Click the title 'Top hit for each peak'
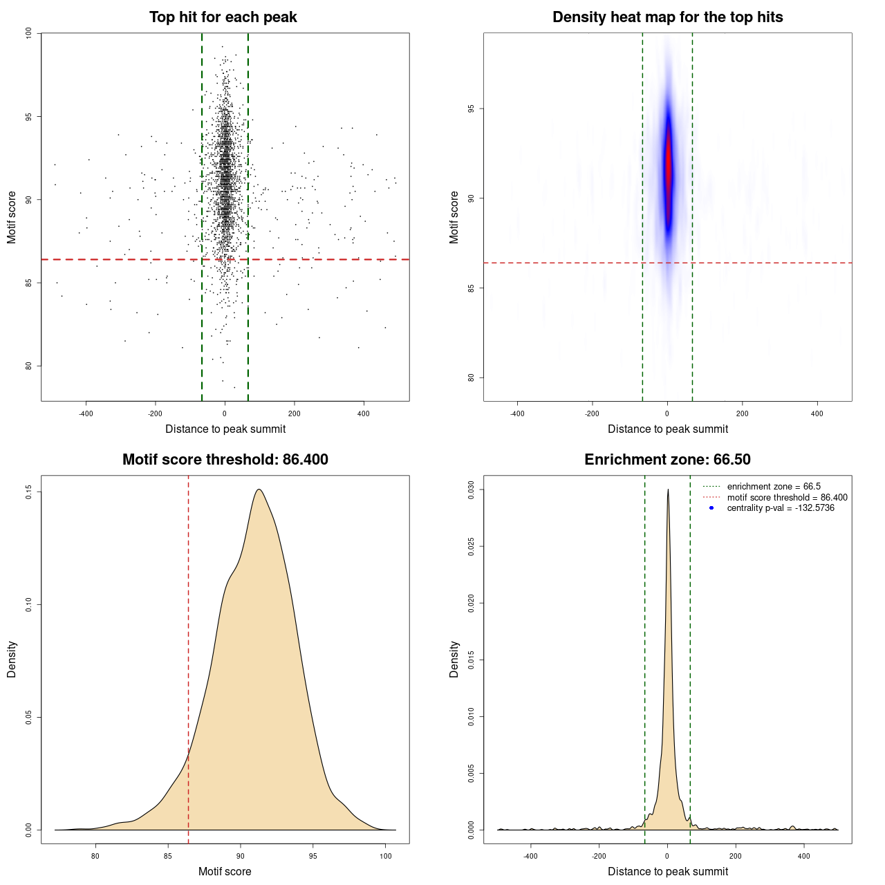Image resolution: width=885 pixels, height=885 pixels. click(223, 17)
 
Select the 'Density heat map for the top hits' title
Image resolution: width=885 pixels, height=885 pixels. click(667, 17)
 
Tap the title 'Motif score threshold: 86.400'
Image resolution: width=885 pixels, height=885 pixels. click(225, 460)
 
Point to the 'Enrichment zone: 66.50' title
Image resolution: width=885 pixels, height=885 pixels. click(667, 460)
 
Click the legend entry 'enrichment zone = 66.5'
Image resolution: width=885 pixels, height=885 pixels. click(774, 487)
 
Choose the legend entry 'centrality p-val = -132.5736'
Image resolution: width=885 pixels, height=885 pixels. click(781, 508)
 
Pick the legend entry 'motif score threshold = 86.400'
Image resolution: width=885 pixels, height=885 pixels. click(787, 498)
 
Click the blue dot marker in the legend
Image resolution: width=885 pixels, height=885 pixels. click(711, 508)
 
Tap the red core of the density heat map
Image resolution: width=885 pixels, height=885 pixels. click(668, 166)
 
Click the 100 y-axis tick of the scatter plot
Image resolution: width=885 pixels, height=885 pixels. click(29, 33)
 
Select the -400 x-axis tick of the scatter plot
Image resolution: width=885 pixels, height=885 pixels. click(86, 413)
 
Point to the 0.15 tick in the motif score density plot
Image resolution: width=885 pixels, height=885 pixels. click(29, 492)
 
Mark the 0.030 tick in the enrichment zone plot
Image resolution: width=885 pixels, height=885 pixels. click(472, 490)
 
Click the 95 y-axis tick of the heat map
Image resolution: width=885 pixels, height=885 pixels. click(472, 109)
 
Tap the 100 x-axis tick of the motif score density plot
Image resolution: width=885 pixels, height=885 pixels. click(386, 856)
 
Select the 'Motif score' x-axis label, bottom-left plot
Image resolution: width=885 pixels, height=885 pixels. click(225, 871)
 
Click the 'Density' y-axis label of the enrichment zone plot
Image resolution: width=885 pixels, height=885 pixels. click(454, 659)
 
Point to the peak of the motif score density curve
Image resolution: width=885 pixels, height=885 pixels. click(259, 490)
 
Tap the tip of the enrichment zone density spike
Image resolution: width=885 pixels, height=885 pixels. click(668, 490)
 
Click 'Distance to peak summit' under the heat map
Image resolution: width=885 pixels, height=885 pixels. click(667, 429)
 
